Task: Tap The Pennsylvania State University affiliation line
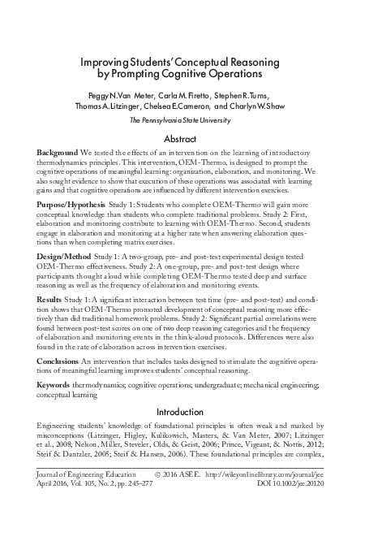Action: pos(182,120)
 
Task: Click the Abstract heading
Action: pos(182,139)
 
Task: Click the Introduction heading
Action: pos(182,412)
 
